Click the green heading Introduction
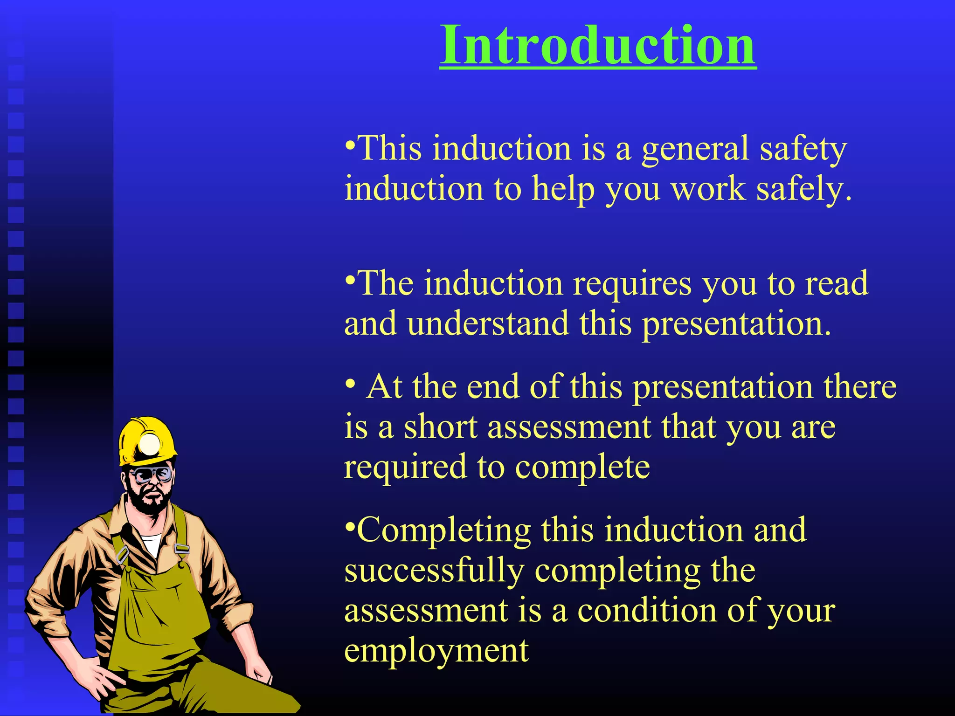pyautogui.click(x=598, y=45)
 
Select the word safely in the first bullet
pyautogui.click(x=803, y=190)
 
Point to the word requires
pyautogui.click(x=632, y=284)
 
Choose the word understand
pyautogui.click(x=487, y=324)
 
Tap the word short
pyautogui.click(x=440, y=427)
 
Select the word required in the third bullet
pyautogui.click(x=405, y=468)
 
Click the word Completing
pyautogui.click(x=443, y=531)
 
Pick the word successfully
pyautogui.click(x=434, y=571)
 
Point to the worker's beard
pyautogui.click(x=148, y=502)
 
